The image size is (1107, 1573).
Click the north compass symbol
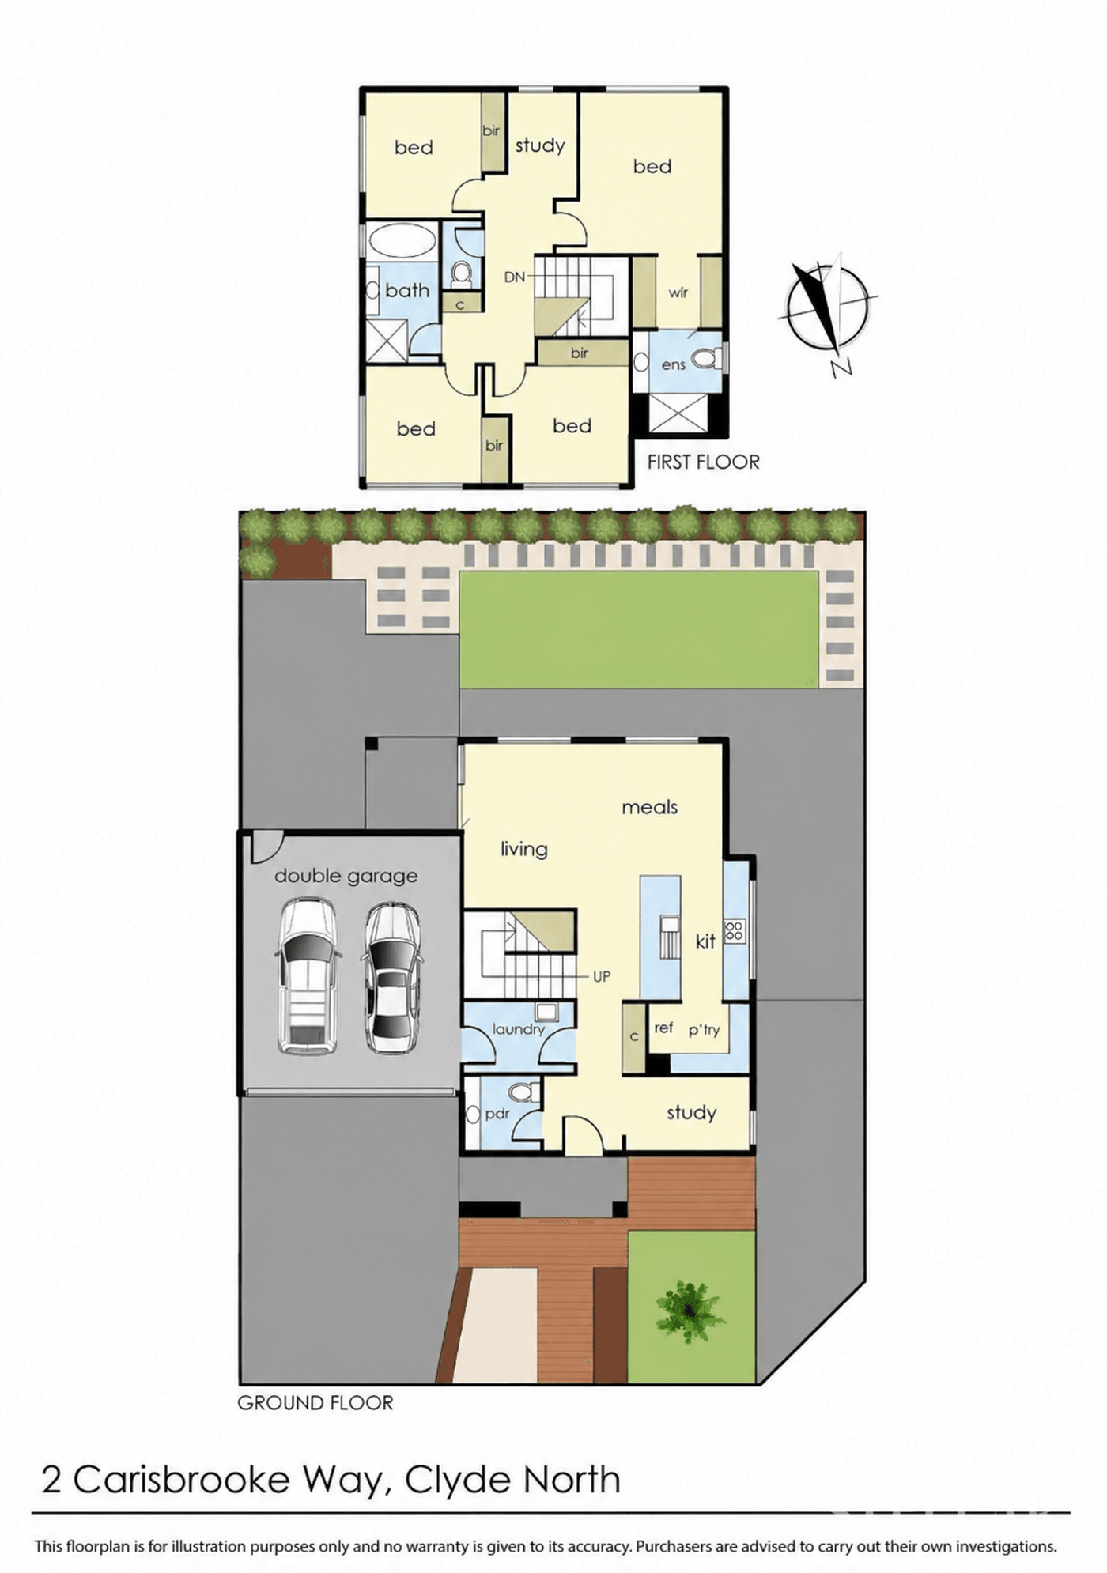pyautogui.click(x=828, y=308)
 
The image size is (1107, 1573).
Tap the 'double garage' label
pyautogui.click(x=346, y=876)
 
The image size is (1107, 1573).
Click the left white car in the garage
pyautogui.click(x=308, y=976)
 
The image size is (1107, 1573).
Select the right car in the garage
pyautogui.click(x=391, y=978)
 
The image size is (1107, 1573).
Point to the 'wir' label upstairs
pyautogui.click(x=678, y=292)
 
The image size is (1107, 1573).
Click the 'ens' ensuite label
pyautogui.click(x=673, y=364)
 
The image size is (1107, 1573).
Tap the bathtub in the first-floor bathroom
pyautogui.click(x=402, y=240)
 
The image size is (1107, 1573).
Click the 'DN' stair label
pyautogui.click(x=515, y=277)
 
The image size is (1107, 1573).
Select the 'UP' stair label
pyautogui.click(x=602, y=976)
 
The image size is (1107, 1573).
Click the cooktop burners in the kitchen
pyautogui.click(x=735, y=930)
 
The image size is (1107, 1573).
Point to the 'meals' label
pyautogui.click(x=649, y=807)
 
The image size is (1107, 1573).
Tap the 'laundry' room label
pyautogui.click(x=518, y=1029)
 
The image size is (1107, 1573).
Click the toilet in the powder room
pyautogui.click(x=523, y=1092)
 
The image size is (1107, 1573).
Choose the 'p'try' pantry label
pyautogui.click(x=704, y=1030)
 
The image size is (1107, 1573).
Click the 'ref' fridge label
pyautogui.click(x=663, y=1027)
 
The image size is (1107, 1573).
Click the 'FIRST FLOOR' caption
pyautogui.click(x=703, y=462)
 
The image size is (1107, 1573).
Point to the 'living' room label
pyautogui.click(x=523, y=850)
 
